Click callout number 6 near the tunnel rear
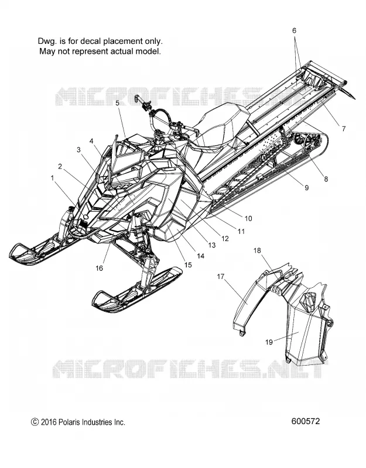[x=295, y=30]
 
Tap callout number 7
[x=344, y=129]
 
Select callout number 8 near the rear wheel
[x=326, y=179]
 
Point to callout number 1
[x=53, y=178]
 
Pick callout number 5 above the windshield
[x=118, y=103]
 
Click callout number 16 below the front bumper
[x=99, y=268]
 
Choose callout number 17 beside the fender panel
[x=221, y=277]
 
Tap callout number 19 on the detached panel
[x=269, y=342]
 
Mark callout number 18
[x=257, y=250]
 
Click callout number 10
[x=248, y=218]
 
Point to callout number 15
[x=188, y=265]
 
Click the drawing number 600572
[x=305, y=421]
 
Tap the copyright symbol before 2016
[x=35, y=422]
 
